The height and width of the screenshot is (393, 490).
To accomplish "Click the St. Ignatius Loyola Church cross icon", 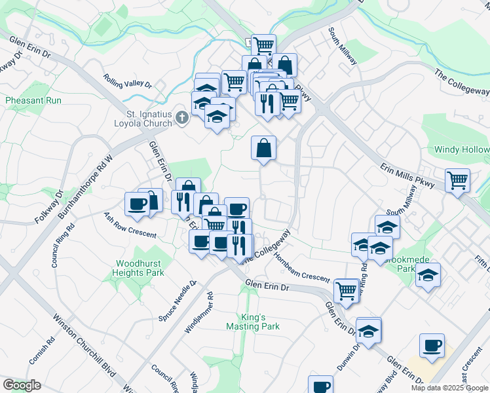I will [182, 118].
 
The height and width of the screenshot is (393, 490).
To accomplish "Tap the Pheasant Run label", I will [33, 101].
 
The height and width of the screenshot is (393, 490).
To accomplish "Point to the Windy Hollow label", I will [461, 150].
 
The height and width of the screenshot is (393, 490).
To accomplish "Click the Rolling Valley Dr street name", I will [127, 79].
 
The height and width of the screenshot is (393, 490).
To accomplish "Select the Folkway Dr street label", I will [48, 206].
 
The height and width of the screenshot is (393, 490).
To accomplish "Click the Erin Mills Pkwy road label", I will [403, 178].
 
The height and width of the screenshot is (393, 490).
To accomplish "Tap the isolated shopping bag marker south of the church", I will [263, 147].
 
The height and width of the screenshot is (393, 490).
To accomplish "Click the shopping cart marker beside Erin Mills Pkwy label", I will [457, 179].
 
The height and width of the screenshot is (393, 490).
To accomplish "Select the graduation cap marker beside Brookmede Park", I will [428, 275].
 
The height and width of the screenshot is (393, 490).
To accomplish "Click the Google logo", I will [22, 385].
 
